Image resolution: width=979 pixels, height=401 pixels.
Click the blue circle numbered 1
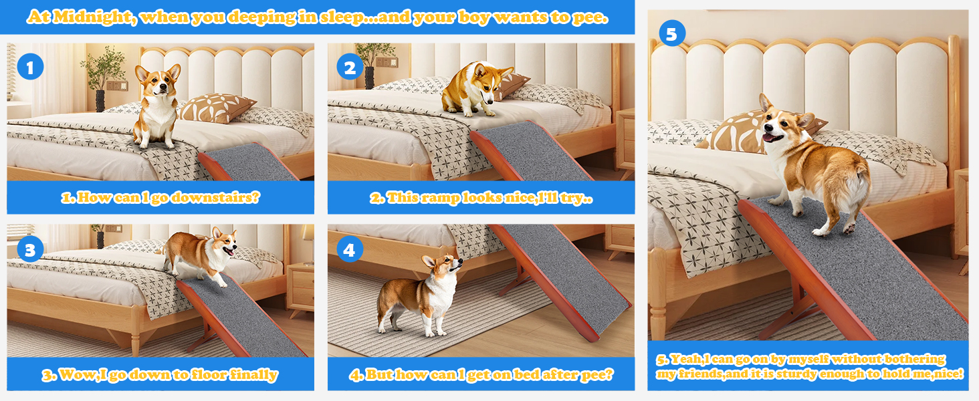click(x=30, y=67)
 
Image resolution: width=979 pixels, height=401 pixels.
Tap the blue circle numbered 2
click(x=350, y=67)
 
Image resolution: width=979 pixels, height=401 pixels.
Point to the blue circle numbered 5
click(x=672, y=33)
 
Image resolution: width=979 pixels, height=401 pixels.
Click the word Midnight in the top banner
click(x=92, y=17)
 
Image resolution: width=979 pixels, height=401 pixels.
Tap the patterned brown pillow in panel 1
click(x=217, y=108)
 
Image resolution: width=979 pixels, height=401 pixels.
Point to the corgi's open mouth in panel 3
click(x=229, y=251)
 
